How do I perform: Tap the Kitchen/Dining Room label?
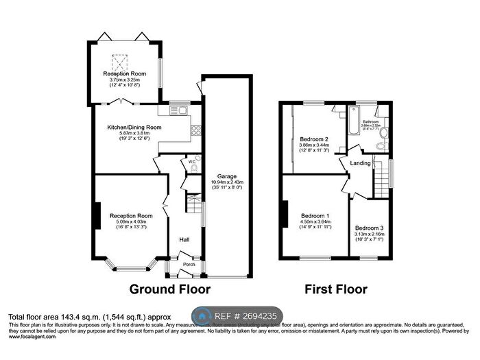pyautogui.click(x=134, y=128)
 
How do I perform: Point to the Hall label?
pyautogui.click(x=184, y=239)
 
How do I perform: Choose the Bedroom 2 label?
pyautogui.click(x=314, y=140)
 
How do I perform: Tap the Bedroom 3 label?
pyautogui.click(x=369, y=228)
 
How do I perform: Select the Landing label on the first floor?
pyautogui.click(x=361, y=163)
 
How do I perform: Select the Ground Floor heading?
pyautogui.click(x=169, y=289)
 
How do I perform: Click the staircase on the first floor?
pyautogui.click(x=382, y=183)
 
